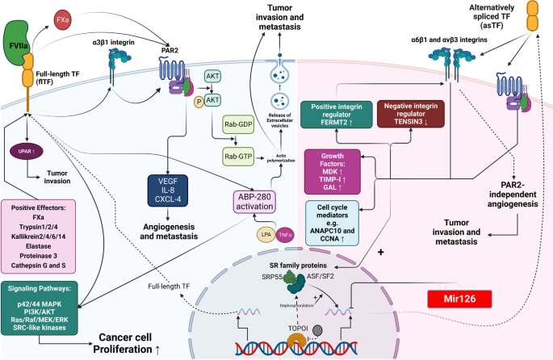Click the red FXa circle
point(62,18)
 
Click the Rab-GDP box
point(240,127)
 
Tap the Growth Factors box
point(329,170)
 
